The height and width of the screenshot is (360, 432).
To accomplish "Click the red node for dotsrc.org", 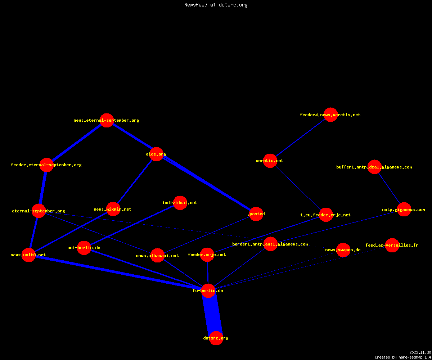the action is (216, 338).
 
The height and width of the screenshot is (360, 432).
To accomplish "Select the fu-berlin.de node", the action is (208, 291).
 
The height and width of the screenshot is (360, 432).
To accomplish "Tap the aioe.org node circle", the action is (156, 154).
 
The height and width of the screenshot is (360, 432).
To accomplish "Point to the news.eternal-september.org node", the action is (107, 120).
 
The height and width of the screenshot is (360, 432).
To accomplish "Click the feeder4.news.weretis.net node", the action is (330, 114).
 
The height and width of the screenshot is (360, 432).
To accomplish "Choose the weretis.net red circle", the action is (270, 161).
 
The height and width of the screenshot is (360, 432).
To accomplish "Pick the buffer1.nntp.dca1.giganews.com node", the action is (374, 167).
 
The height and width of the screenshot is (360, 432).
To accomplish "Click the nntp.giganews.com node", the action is (404, 210).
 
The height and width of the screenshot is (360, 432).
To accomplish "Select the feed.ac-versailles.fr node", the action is (392, 245).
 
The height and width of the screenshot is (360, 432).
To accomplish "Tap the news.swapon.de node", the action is (343, 250).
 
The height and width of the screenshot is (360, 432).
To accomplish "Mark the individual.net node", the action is (180, 203).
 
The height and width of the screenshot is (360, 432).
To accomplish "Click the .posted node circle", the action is (256, 214).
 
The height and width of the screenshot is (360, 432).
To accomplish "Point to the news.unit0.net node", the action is (28, 255).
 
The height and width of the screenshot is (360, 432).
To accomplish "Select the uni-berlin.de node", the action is (84, 248).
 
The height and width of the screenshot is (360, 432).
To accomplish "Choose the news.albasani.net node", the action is (157, 255).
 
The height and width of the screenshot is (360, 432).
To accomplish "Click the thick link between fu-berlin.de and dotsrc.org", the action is (212, 315).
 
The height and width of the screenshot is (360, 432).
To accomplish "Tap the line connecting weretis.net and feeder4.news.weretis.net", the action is (300, 138).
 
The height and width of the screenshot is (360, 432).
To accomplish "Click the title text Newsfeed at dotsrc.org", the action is (216, 5).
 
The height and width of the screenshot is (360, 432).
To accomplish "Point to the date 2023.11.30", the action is (420, 352).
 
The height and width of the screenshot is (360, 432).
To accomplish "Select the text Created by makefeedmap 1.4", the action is (403, 357).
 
